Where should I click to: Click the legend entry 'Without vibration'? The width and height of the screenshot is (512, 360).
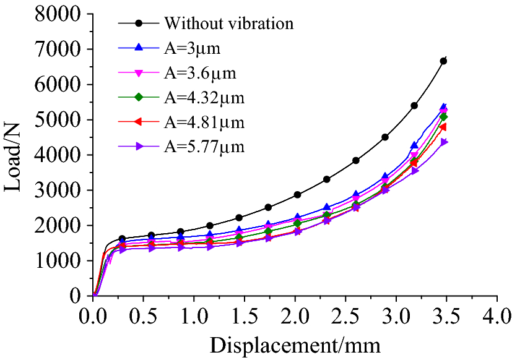pos(228,24)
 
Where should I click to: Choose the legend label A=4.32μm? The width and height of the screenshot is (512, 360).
pos(204,98)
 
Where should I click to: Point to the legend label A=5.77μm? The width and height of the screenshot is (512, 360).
pos(204,147)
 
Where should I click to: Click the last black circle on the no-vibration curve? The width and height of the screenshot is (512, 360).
pos(443,61)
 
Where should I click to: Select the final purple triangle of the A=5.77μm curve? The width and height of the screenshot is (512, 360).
pos(444,142)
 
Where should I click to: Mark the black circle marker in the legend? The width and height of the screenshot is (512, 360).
pos(139,24)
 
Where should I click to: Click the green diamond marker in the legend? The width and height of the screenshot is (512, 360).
pos(139,97)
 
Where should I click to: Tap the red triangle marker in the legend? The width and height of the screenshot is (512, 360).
pos(139,122)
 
